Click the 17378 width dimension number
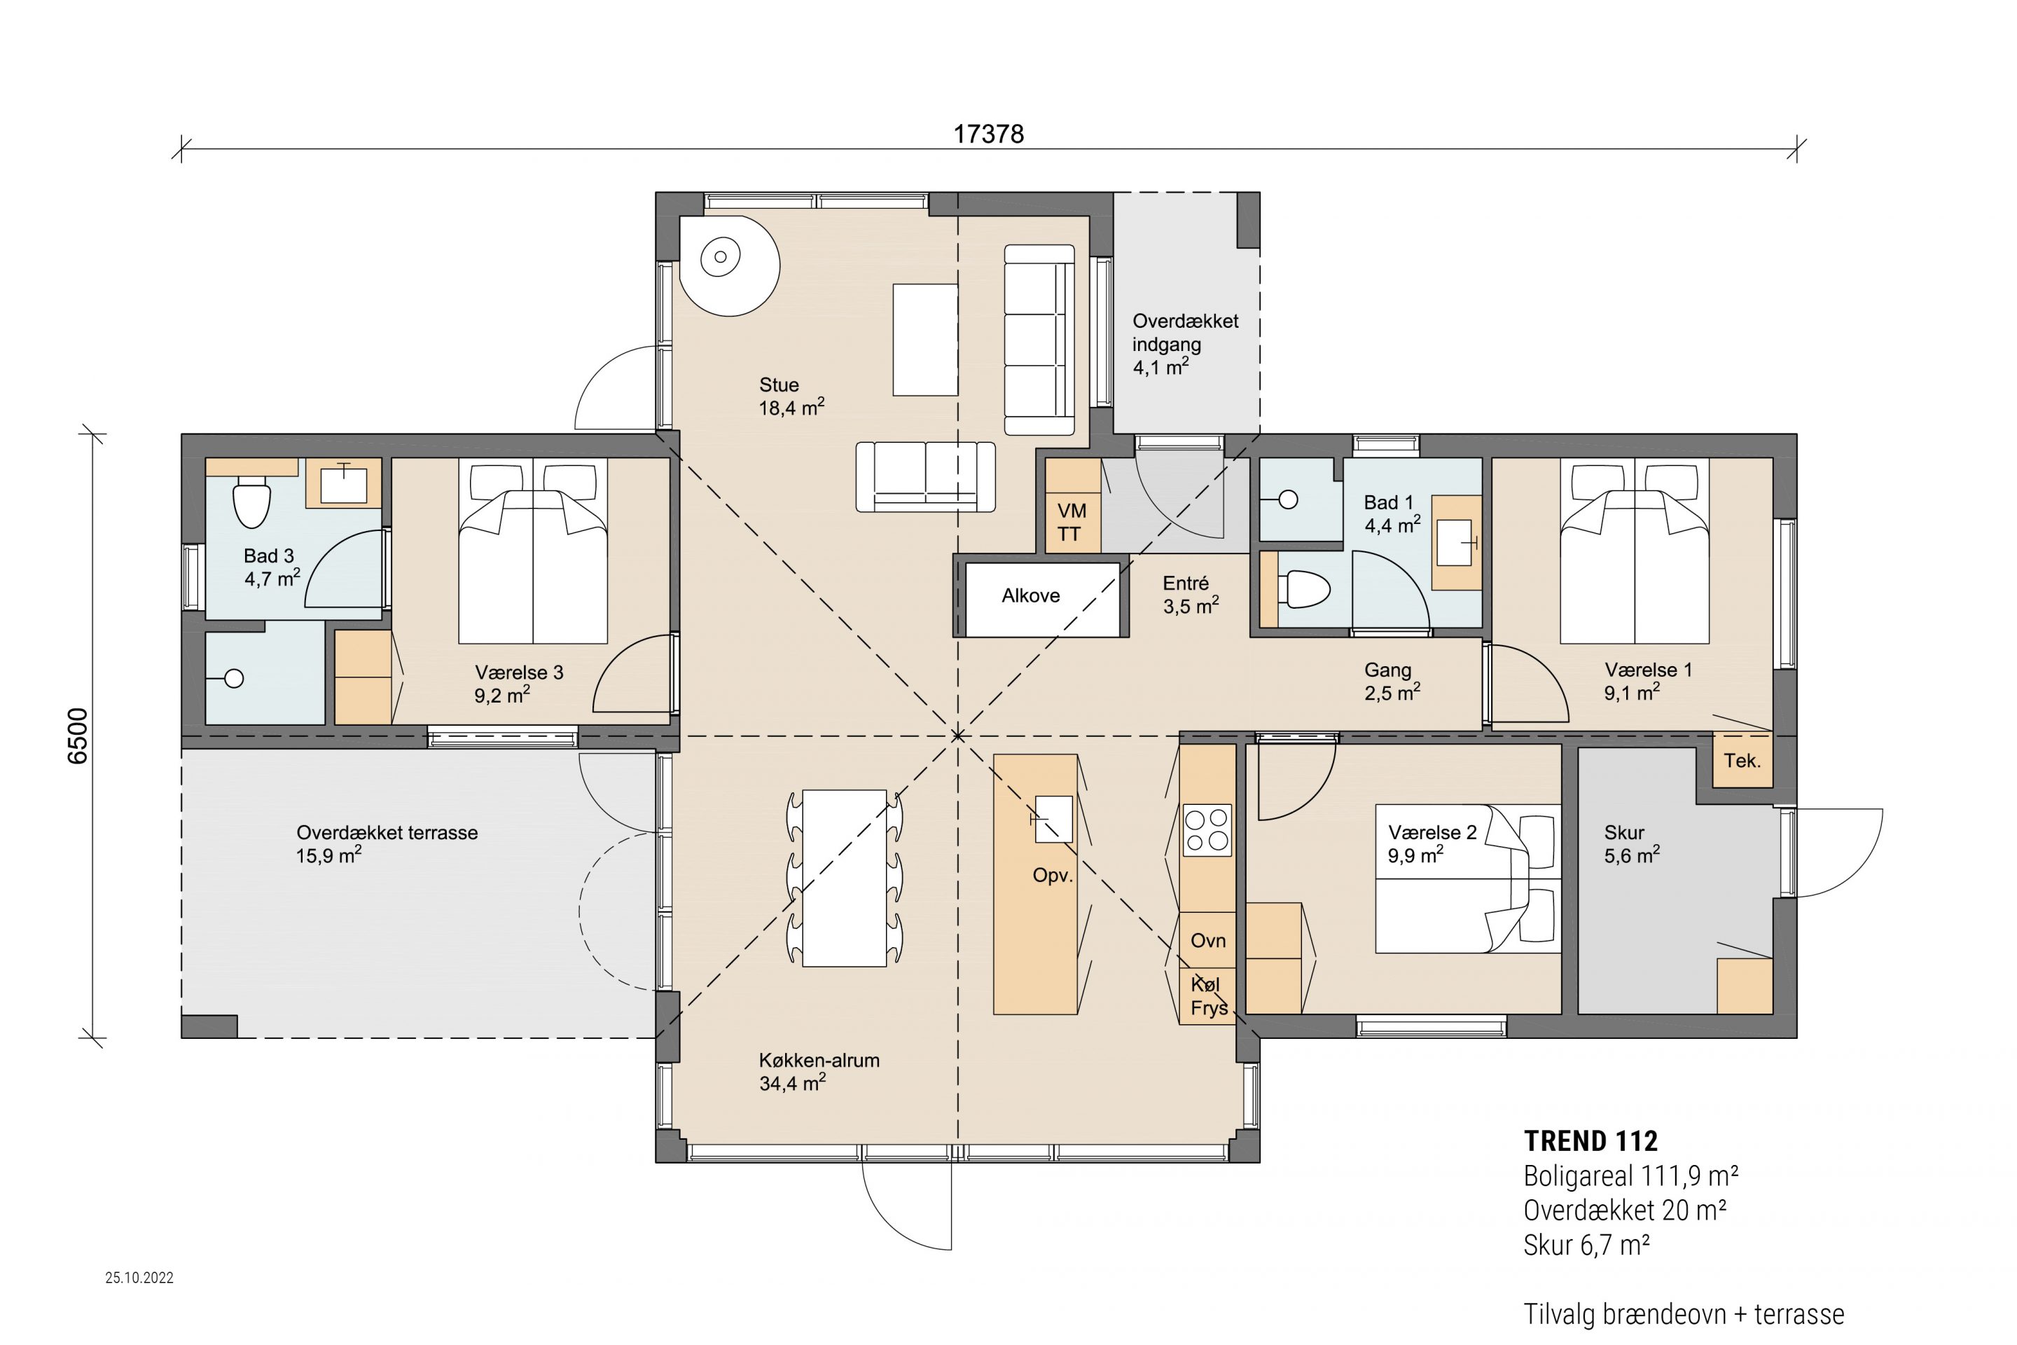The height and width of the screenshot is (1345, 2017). point(989,134)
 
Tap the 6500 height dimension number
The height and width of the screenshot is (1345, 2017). point(77,736)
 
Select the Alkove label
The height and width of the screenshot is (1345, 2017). point(1031,595)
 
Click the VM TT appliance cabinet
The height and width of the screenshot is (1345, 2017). point(1072,506)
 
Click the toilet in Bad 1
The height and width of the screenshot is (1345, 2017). point(1303,590)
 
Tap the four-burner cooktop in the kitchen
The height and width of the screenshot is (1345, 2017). point(1207,829)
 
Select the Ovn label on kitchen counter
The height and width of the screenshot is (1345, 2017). point(1207,940)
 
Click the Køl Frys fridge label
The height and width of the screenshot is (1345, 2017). point(1207,997)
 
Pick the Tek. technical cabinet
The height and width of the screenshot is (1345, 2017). point(1742,760)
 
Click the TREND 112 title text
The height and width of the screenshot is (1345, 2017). point(1590,1141)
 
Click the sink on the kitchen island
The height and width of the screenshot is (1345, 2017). point(1053,819)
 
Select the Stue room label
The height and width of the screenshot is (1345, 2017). point(779,385)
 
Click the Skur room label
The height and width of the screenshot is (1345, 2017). point(1624,833)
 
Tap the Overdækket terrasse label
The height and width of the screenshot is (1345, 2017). point(387,833)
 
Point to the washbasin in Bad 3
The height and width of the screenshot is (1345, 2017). point(344,484)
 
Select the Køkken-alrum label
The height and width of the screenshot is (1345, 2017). point(819,1060)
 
